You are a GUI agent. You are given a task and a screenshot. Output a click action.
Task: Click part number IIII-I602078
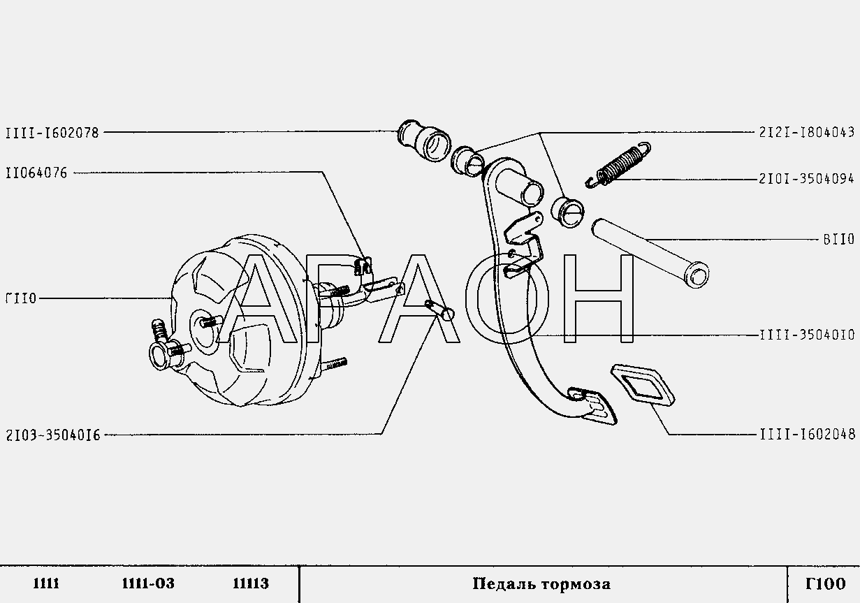tap(52, 133)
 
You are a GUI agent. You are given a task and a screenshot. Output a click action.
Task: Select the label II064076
tap(36, 173)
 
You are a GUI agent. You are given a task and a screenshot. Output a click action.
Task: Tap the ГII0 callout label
tap(21, 298)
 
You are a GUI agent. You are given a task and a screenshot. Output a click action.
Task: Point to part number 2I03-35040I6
tap(53, 435)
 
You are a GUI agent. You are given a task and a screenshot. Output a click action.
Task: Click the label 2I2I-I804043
tap(807, 133)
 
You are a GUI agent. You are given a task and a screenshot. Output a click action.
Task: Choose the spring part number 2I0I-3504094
tap(807, 179)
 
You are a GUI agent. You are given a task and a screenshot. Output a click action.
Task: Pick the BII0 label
tap(839, 240)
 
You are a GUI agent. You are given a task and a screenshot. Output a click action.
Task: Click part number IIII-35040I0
tap(808, 335)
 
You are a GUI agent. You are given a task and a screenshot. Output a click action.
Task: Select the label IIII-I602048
tap(808, 435)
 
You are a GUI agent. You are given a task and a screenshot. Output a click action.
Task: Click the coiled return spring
tap(618, 164)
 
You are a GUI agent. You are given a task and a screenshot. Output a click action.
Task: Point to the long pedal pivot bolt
tap(650, 254)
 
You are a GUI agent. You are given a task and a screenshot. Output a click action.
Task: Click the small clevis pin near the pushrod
tap(440, 310)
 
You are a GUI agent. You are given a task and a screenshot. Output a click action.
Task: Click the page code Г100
tap(826, 584)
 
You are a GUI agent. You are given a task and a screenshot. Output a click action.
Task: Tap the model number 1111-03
tap(148, 584)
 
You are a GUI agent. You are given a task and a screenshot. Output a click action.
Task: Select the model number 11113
tap(251, 584)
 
